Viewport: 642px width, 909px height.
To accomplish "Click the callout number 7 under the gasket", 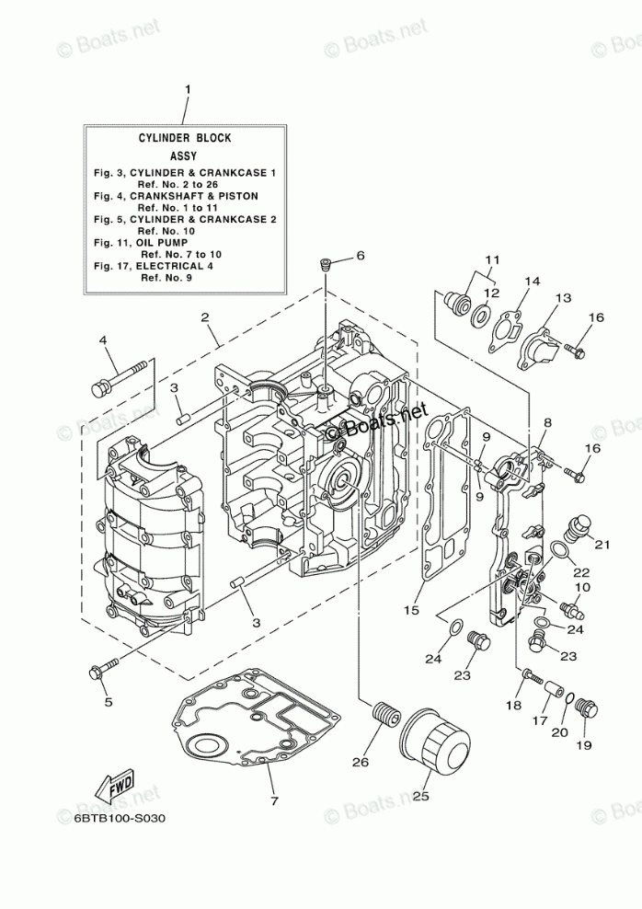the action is pyautogui.click(x=274, y=801).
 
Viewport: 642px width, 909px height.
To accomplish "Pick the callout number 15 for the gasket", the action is pyautogui.click(x=411, y=610).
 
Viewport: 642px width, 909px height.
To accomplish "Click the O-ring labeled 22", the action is pyautogui.click(x=559, y=549).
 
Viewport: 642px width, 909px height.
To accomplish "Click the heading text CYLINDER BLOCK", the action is pyautogui.click(x=185, y=138).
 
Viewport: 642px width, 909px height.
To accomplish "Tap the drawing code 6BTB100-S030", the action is pyautogui.click(x=120, y=819).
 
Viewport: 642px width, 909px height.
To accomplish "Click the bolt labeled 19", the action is pyautogui.click(x=588, y=711).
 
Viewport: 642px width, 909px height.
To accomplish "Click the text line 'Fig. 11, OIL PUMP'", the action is pyautogui.click(x=141, y=242).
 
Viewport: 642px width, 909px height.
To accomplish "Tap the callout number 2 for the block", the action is pyautogui.click(x=204, y=317).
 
